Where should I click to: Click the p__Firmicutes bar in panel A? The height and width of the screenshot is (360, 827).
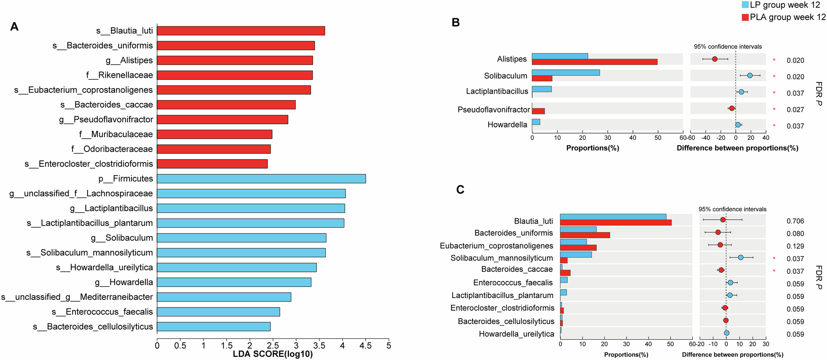pyautogui.click(x=261, y=179)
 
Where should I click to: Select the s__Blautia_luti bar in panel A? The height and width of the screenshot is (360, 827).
pyautogui.click(x=241, y=31)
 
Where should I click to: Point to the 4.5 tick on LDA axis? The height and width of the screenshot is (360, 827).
pyautogui.click(x=365, y=346)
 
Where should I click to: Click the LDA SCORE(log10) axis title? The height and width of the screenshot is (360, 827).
pyautogui.click(x=273, y=354)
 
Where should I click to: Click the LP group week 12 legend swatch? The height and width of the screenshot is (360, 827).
pyautogui.click(x=745, y=5)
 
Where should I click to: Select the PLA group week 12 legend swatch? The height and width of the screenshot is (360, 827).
pyautogui.click(x=745, y=17)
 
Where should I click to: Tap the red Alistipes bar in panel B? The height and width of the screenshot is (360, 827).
pyautogui.click(x=594, y=62)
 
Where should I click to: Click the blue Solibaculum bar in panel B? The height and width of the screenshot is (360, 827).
pyautogui.click(x=566, y=73)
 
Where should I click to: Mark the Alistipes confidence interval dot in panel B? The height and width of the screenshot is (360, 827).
pyautogui.click(x=715, y=59)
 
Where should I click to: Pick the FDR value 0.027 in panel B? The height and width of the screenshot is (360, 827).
pyautogui.click(x=795, y=110)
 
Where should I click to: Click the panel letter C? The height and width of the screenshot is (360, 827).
pyautogui.click(x=460, y=190)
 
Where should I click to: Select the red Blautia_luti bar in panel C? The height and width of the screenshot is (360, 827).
pyautogui.click(x=615, y=222)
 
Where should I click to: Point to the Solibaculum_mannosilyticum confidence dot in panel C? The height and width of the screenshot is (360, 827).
pyautogui.click(x=741, y=258)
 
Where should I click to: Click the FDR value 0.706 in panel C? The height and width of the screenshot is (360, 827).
pyautogui.click(x=795, y=221)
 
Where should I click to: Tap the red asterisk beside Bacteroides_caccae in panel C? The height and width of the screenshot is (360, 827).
pyautogui.click(x=774, y=271)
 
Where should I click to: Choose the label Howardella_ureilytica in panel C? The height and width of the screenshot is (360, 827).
pyautogui.click(x=516, y=334)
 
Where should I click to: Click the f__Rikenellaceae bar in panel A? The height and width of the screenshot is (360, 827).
pyautogui.click(x=235, y=75)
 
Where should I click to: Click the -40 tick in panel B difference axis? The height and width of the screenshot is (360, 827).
pyautogui.click(x=705, y=138)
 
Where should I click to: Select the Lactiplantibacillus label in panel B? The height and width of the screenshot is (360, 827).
pyautogui.click(x=497, y=91)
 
